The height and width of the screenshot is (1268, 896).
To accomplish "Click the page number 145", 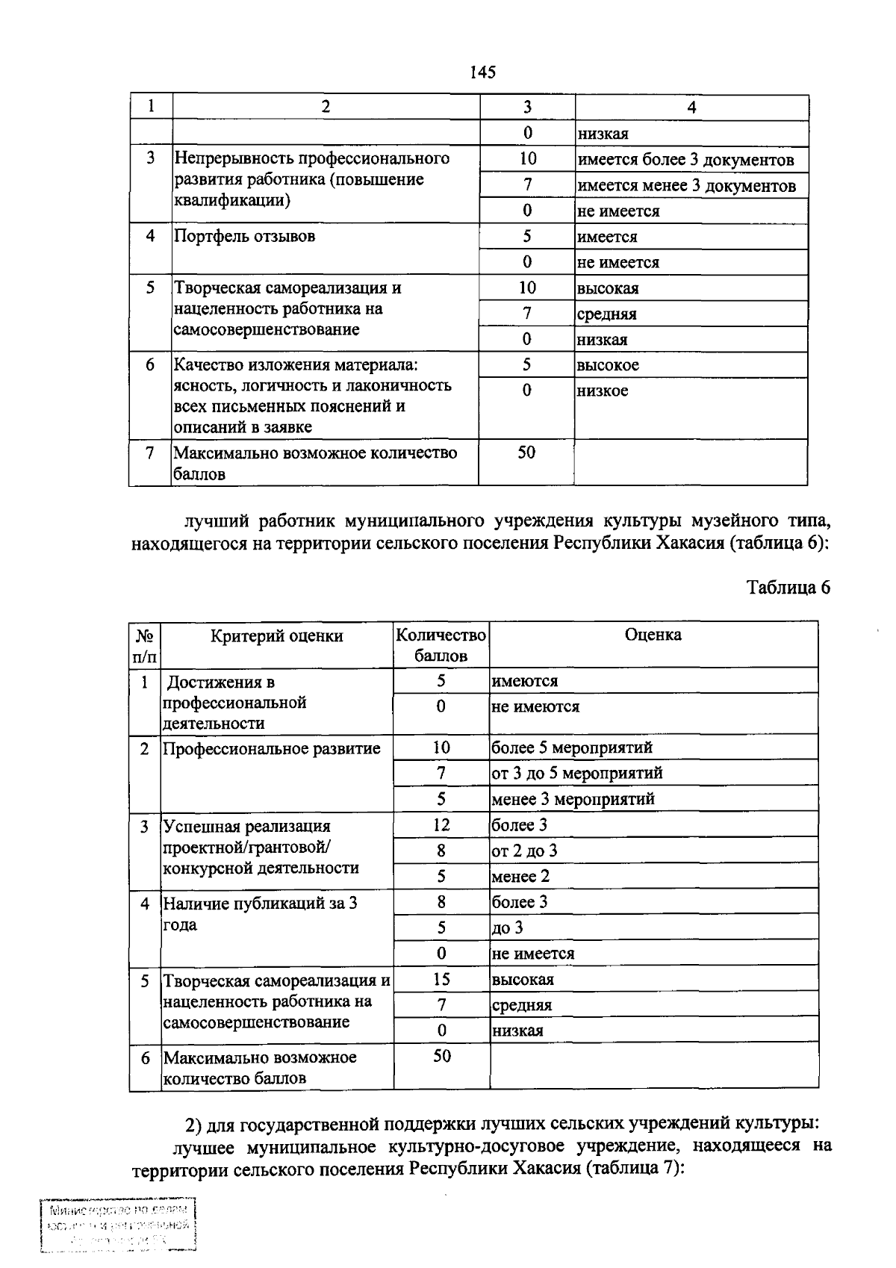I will (x=483, y=72).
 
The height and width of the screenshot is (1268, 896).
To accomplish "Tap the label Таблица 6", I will (x=788, y=587).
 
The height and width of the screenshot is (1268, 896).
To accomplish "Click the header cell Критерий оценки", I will (x=276, y=636).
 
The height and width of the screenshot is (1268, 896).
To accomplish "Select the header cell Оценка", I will (x=653, y=635).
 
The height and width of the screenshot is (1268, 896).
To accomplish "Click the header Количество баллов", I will (x=441, y=645).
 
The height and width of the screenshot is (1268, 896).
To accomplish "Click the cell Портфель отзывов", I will (x=245, y=237).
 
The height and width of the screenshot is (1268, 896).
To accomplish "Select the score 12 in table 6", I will (x=441, y=825).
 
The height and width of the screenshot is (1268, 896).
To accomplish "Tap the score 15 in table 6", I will (x=441, y=979).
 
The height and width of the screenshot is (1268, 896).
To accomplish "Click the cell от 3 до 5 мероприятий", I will (x=576, y=773).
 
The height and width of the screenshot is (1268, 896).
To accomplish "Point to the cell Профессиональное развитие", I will (x=272, y=748).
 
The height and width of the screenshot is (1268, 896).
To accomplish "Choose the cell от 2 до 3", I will (x=524, y=851).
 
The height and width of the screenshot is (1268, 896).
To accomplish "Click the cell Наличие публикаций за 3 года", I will (x=260, y=914).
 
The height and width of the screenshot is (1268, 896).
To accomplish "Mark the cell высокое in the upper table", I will (x=607, y=365).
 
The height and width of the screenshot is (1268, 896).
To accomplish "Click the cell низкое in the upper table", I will (x=602, y=391).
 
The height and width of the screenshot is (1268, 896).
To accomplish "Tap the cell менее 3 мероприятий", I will (x=573, y=799).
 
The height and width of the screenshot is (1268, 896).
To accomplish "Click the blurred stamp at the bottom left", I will (x=117, y=1225).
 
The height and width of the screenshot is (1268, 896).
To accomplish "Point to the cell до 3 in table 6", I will (x=507, y=928).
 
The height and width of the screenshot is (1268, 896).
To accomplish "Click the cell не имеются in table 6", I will (x=535, y=706).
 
